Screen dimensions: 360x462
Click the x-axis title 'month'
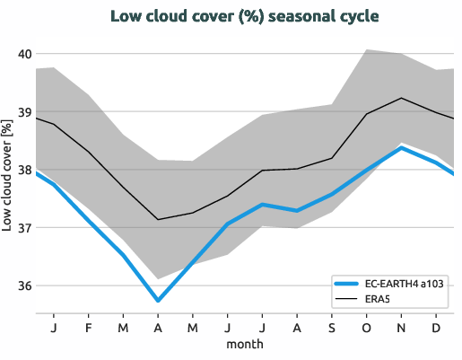[244, 345]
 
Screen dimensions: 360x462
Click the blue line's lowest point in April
[158, 301]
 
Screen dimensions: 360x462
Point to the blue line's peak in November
[401, 148]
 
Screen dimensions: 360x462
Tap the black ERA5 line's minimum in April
[158, 219]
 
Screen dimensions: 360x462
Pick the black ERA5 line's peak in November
[401, 98]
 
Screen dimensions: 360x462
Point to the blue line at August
[297, 210]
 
